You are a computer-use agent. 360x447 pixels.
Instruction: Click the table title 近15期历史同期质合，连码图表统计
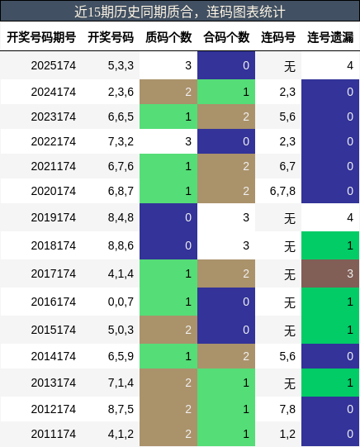(x=180, y=12)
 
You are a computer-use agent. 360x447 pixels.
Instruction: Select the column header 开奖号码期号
(x=41, y=37)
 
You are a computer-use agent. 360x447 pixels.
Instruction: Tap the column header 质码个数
(x=168, y=37)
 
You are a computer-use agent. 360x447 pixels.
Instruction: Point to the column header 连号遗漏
(x=330, y=37)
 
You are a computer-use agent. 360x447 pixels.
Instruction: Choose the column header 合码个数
(x=226, y=37)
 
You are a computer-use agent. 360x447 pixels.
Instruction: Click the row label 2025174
(x=54, y=65)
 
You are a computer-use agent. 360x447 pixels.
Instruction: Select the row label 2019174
(x=54, y=217)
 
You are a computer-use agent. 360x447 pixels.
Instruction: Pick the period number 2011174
(x=54, y=434)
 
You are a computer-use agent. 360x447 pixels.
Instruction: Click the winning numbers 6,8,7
(x=121, y=191)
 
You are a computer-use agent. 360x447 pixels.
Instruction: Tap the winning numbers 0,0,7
(x=121, y=302)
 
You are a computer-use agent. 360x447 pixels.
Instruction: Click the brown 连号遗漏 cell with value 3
(x=330, y=273)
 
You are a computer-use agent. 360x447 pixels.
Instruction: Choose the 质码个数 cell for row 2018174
(x=168, y=245)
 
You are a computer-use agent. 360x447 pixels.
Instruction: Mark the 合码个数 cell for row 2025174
(x=226, y=65)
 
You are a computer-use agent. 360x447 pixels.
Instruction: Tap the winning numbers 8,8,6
(x=121, y=245)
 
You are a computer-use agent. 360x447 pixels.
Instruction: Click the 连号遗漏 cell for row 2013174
(x=330, y=383)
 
